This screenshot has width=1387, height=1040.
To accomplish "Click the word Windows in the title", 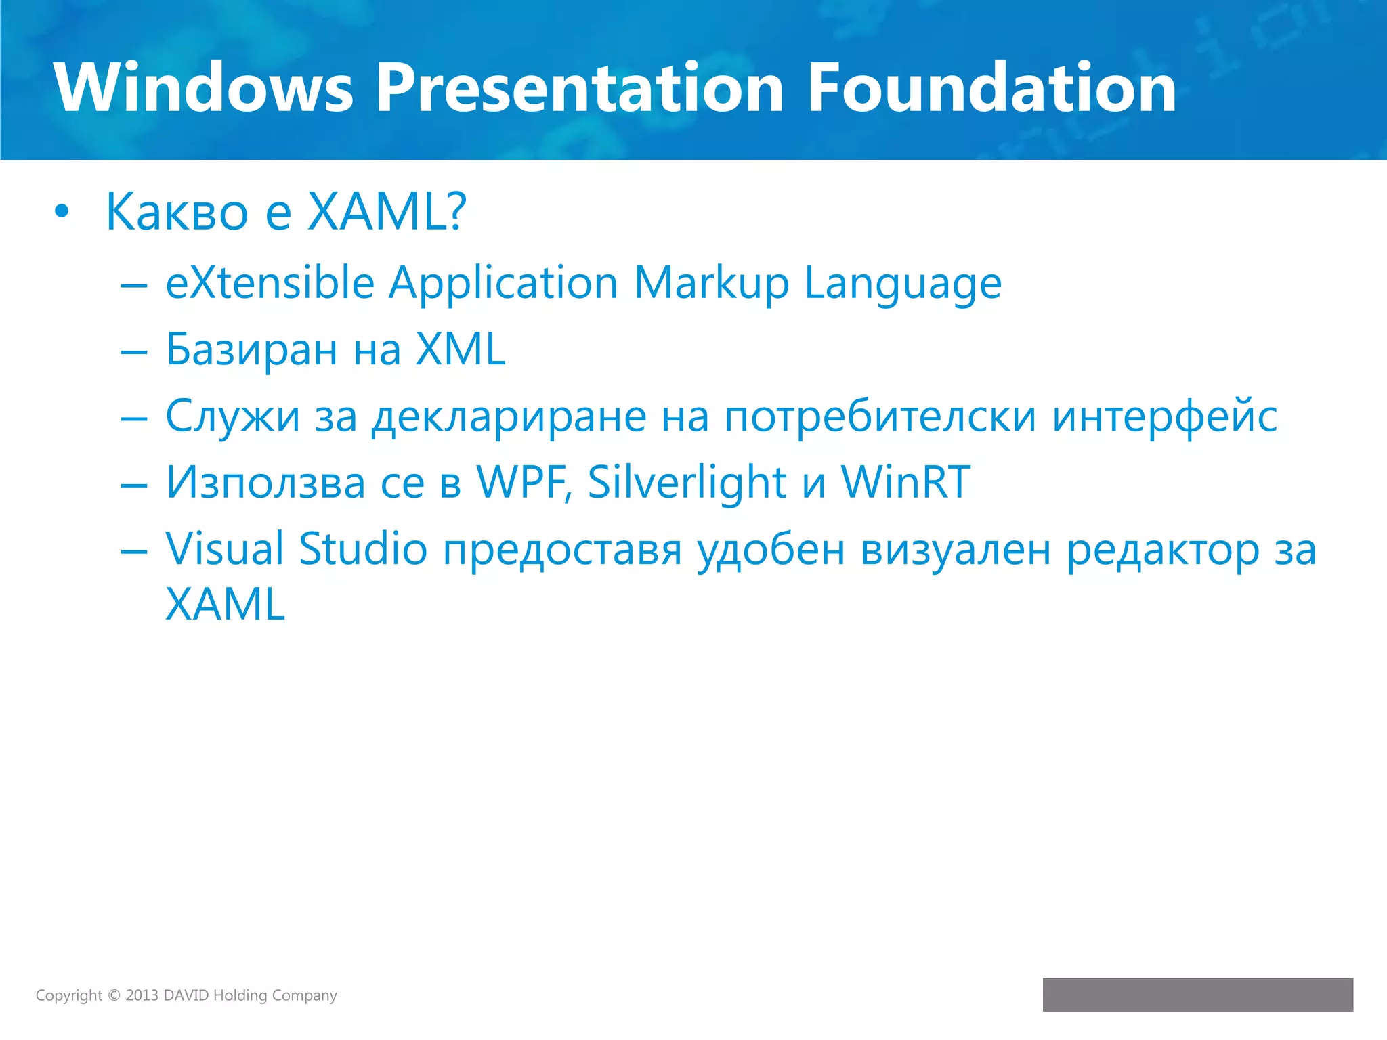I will click(x=203, y=88).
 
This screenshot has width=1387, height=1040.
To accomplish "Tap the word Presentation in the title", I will click(x=580, y=88).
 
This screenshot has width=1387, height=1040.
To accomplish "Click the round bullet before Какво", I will click(x=62, y=212).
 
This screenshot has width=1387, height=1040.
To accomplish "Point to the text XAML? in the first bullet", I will click(x=387, y=212).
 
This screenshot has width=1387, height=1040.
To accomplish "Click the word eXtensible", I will click(x=270, y=282).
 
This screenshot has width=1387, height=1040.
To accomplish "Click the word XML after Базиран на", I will click(x=460, y=349).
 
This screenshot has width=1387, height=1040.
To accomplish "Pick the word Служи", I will click(x=232, y=416).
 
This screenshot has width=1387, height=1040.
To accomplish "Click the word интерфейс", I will click(x=1164, y=416).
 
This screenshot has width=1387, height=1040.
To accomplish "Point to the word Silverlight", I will click(x=686, y=483).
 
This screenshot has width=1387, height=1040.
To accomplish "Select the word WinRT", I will click(x=905, y=482).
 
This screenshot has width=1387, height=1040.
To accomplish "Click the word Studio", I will click(x=363, y=548).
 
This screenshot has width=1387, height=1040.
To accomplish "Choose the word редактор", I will click(x=1162, y=550).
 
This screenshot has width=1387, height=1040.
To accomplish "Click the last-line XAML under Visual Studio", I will click(x=225, y=604).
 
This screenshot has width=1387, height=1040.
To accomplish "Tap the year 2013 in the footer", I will click(x=142, y=995).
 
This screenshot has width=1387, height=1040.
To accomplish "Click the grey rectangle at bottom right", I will click(x=1197, y=995).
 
